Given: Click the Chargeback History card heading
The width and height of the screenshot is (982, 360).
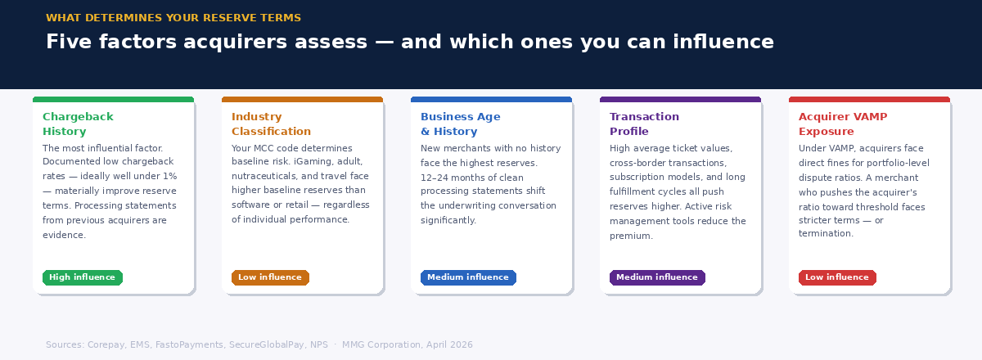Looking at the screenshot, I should [x=78, y=124].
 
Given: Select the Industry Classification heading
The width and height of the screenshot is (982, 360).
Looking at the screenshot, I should [x=271, y=124].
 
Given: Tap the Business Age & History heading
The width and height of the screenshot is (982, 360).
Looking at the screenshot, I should [x=460, y=124].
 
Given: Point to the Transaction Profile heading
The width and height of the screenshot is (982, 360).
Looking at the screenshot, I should [x=644, y=124].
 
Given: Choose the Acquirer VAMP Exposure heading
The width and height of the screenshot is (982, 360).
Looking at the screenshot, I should [x=842, y=124].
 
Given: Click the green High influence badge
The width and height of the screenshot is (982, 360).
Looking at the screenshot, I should [x=82, y=277].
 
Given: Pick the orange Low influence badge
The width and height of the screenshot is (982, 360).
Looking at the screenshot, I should [x=270, y=277].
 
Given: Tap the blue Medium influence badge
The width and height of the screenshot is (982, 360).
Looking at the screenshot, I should [x=468, y=277].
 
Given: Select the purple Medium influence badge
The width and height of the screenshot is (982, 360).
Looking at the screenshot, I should [x=657, y=277].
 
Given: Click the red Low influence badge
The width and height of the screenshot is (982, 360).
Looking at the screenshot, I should [x=837, y=277].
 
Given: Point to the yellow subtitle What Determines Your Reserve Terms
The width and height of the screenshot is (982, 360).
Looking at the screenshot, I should [x=173, y=18].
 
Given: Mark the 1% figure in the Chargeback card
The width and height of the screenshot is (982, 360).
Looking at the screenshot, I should [x=169, y=177].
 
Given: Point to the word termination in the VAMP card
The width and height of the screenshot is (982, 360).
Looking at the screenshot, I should [x=826, y=233].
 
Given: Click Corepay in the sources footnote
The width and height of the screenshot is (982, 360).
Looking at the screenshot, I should [x=106, y=344].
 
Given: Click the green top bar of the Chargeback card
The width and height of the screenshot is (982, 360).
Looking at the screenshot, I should [x=113, y=100].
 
